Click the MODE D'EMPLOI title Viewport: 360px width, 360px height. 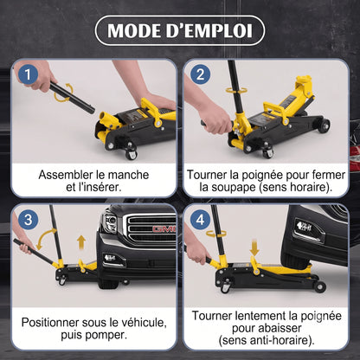[x=180, y=30]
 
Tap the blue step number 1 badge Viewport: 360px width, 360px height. [x=28, y=74]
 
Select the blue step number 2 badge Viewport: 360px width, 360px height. [x=201, y=74]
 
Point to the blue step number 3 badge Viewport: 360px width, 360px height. [x=28, y=220]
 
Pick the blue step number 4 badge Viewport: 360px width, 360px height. [x=201, y=220]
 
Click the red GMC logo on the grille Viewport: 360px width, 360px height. [x=164, y=229]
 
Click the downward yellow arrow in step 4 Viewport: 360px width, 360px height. [x=254, y=247]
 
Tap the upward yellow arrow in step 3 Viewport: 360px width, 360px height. [x=81, y=242]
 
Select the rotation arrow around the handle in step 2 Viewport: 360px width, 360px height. [x=236, y=90]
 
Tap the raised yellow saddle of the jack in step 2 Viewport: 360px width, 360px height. [x=304, y=80]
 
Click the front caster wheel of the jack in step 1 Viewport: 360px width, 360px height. [x=131, y=154]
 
